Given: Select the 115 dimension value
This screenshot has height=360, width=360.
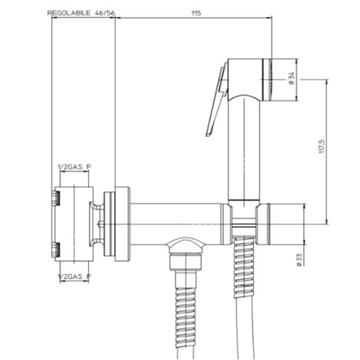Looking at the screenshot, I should (x=193, y=13).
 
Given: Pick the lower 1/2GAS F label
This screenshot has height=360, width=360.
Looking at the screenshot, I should (x=74, y=277).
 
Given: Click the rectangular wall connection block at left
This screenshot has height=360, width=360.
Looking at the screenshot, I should (x=72, y=222).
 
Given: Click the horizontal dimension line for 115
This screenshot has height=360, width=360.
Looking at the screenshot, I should (x=193, y=20).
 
